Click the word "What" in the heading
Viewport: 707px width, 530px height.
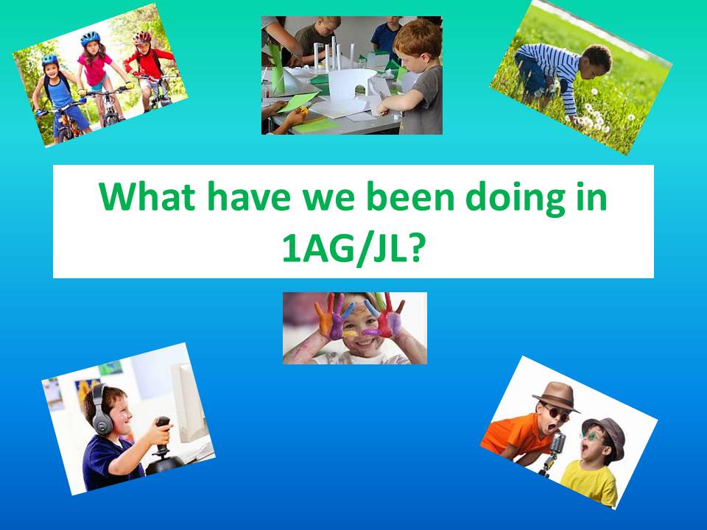click(x=147, y=197)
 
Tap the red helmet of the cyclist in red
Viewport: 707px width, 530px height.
click(x=141, y=37)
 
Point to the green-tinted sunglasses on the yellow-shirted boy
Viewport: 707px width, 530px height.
click(x=592, y=436)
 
